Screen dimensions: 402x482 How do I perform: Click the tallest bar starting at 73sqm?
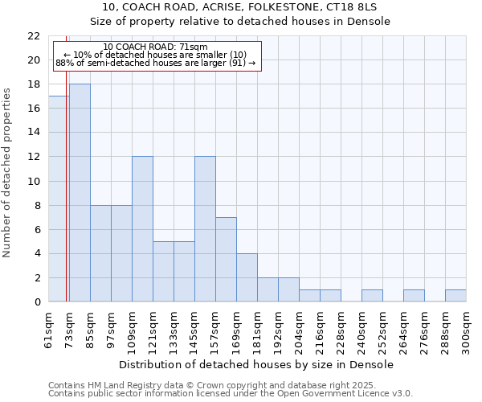coord(80,193)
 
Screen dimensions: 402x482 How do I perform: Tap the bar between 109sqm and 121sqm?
coord(142,229)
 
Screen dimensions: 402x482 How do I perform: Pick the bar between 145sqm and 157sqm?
coord(205,229)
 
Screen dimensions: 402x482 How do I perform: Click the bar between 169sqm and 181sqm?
coord(247,277)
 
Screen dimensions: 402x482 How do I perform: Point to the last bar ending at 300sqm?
coord(455,296)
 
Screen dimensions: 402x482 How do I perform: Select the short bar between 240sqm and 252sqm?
coord(372,296)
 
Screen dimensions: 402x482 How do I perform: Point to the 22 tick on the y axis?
coord(34,36)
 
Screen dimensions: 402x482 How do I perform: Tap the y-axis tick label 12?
coord(34,157)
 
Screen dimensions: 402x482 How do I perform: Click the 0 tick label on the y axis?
coord(37,301)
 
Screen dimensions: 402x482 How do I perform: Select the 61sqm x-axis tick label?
coord(49,329)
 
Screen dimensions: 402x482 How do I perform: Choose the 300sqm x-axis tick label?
coord(467,331)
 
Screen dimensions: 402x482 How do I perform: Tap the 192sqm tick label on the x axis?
coord(279,331)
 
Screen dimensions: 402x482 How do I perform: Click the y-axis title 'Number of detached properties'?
coord(8,173)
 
